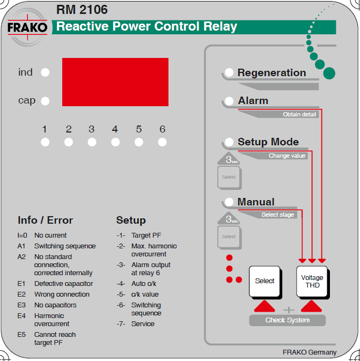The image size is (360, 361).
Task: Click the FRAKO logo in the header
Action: tap(27, 27)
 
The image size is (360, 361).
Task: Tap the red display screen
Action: tap(115, 83)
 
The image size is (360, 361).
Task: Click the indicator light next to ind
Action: tap(45, 72)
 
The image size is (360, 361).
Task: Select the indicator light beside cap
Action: tap(45, 101)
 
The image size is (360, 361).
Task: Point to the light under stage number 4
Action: tap(115, 142)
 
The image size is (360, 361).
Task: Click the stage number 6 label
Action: tap(163, 129)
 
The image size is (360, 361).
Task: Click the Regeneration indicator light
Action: tap(229, 73)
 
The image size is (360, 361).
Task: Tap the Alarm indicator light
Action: tap(229, 101)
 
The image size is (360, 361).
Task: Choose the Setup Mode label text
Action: tap(268, 142)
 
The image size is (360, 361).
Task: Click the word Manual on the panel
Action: tap(256, 202)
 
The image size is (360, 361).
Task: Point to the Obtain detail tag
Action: tap(299, 115)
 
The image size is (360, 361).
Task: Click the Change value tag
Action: tap(287, 156)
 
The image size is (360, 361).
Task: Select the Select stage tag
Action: tap(277, 215)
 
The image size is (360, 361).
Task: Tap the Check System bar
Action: tap(288, 320)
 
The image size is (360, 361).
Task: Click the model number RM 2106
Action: tap(82, 10)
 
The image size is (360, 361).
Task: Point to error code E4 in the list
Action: tap(21, 316)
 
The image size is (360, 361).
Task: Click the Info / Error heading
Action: tap(45, 220)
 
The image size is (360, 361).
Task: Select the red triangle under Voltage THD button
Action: tap(312, 306)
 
